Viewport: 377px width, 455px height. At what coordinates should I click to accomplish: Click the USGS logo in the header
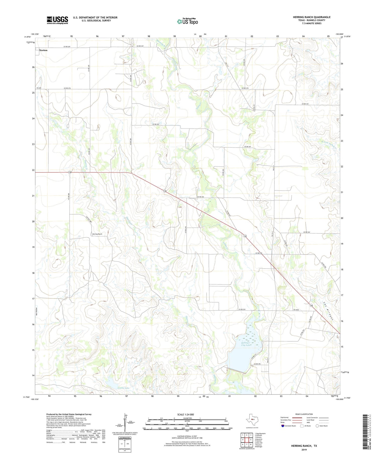tap(57, 20)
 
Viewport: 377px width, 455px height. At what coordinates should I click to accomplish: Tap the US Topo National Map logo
tap(187, 21)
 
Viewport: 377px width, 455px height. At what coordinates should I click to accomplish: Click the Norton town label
tap(43, 50)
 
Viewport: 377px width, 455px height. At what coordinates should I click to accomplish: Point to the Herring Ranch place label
tap(97, 234)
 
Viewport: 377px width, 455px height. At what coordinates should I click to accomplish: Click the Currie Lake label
tap(123, 388)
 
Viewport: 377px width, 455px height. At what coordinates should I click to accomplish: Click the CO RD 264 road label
tap(200, 197)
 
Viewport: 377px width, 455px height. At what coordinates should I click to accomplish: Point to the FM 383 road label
tap(38, 88)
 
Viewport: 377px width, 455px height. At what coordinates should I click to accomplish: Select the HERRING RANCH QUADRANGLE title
tap(311, 17)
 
